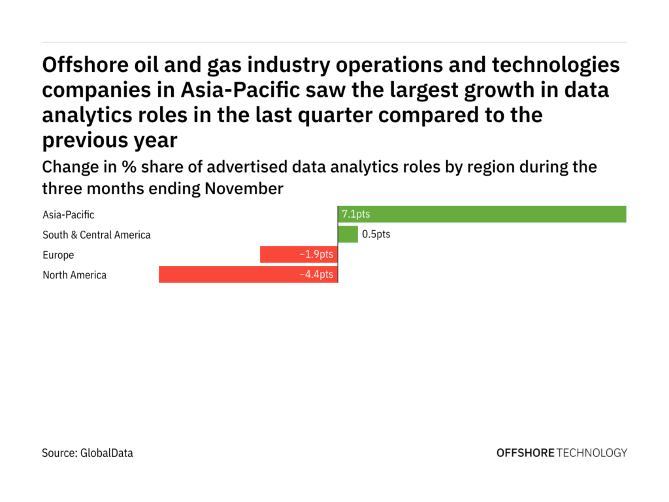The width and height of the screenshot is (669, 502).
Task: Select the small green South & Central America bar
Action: [x=348, y=235]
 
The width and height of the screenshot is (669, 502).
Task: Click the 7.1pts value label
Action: [x=356, y=214]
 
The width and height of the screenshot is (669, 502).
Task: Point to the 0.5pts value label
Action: [x=376, y=235]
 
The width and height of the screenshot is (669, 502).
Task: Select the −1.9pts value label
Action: [x=316, y=255]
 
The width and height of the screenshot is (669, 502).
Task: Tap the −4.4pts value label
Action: [x=316, y=275]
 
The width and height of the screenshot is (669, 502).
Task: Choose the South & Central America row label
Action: [x=97, y=235]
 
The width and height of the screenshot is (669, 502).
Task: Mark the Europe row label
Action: [x=58, y=255]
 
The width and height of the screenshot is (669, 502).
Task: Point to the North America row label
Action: [x=74, y=275]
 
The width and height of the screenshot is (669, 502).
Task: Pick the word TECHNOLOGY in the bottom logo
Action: [x=593, y=453]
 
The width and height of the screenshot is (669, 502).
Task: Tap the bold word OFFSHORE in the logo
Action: [x=525, y=453]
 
